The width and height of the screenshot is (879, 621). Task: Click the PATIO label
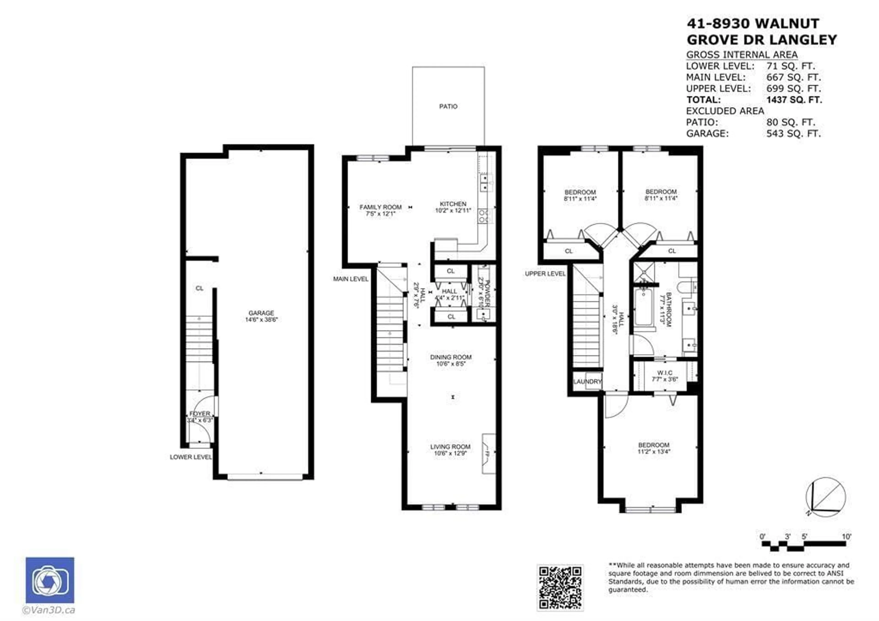[448, 106]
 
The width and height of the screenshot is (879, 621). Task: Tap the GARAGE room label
[261, 313]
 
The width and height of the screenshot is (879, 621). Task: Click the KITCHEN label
[453, 204]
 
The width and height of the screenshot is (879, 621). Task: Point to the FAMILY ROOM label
[380, 207]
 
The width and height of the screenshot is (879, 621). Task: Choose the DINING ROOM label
[451, 357]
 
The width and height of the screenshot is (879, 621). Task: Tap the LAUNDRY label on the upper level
[587, 382]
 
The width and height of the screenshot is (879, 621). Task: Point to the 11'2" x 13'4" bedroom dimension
[654, 452]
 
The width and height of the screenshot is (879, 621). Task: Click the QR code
[560, 588]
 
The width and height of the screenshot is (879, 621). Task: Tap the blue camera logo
[50, 580]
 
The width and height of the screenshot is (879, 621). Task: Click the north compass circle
[826, 499]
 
